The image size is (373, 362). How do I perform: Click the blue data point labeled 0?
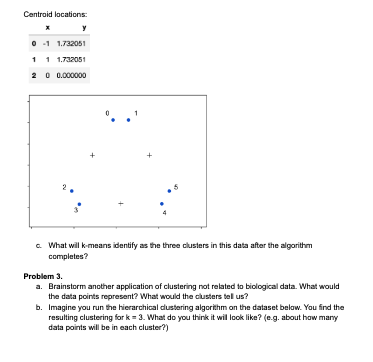point(113,121)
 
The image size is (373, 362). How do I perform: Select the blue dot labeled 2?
point(71,191)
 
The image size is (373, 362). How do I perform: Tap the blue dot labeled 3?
point(79,204)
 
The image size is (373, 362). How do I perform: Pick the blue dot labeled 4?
point(161,205)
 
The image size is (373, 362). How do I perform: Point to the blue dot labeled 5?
point(169,191)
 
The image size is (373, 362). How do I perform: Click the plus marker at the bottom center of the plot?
point(120,205)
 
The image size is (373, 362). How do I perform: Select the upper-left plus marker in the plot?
point(92,155)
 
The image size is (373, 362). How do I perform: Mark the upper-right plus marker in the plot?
point(149,155)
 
